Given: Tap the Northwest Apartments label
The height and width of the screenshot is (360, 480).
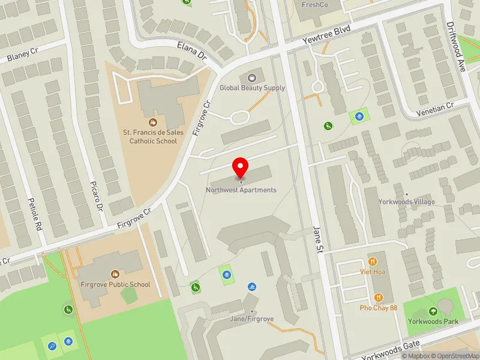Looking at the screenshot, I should coord(241,190).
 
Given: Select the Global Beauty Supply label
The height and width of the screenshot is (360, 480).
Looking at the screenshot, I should coord(252,88).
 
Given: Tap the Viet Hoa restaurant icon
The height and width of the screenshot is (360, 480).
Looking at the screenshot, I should coord(373,261).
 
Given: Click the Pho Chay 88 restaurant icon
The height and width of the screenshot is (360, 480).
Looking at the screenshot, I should coord(379,297).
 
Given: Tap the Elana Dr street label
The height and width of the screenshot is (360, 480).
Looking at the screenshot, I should coord(192,53).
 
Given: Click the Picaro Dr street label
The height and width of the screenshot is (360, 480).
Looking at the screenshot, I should coord(100,199).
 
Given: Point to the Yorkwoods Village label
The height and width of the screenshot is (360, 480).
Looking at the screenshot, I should coord(406,202).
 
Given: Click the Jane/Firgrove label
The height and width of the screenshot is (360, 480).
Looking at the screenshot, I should coord(252,319).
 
